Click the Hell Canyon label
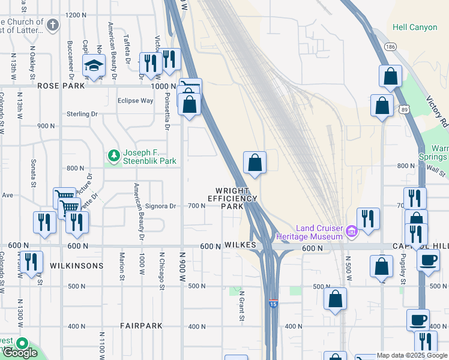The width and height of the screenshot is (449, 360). coord(415,27)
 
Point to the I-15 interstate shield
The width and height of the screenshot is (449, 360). coord(273,304)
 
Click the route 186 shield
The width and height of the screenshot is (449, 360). coord(391,46)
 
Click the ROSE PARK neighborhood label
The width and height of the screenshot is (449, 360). coord(61,86)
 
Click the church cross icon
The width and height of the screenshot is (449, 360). coord(53,25)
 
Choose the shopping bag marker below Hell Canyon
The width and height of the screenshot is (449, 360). coord(390,77)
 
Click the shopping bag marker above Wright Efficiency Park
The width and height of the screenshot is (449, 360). coord(255,162)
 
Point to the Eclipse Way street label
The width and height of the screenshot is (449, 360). coord(135,101)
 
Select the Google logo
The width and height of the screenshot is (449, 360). coord(20,353)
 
